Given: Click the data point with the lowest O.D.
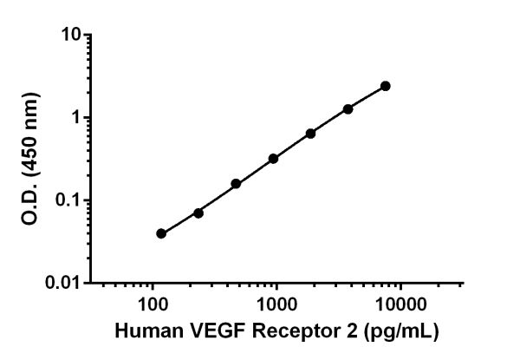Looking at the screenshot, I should (161, 233).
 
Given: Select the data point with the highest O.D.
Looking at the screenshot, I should (386, 86).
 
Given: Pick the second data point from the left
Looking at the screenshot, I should (198, 213).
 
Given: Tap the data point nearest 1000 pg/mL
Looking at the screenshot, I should (273, 159).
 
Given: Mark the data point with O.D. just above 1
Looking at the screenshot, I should (348, 109).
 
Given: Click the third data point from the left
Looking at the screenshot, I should (236, 184).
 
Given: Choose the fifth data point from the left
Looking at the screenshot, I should (310, 134).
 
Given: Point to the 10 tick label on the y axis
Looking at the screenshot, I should (71, 35).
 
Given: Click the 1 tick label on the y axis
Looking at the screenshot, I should (75, 117).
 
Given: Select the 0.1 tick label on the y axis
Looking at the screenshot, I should (68, 200).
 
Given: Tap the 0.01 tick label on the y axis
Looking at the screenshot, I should (64, 283).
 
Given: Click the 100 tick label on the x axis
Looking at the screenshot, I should (153, 304).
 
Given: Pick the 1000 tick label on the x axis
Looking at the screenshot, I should (276, 304).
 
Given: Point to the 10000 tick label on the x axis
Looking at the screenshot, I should (400, 304).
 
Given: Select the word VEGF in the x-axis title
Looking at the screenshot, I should (205, 331).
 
